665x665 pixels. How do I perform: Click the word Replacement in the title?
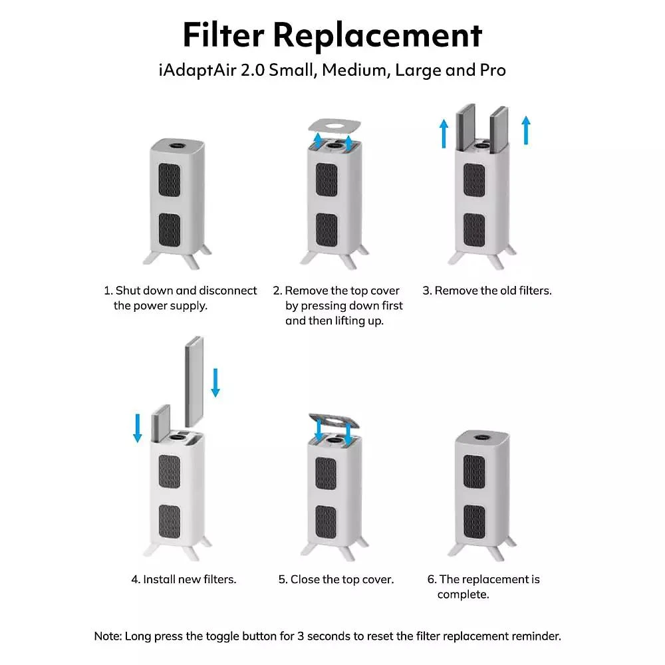(378, 36)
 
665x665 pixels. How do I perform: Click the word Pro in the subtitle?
(493, 70)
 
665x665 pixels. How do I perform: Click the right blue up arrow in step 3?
(526, 130)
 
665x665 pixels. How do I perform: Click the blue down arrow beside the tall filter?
(215, 382)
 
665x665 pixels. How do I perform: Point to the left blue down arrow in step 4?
(137, 428)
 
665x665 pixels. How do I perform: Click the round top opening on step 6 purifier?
(483, 436)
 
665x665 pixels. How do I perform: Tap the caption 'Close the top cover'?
(342, 579)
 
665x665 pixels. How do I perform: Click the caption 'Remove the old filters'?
(493, 291)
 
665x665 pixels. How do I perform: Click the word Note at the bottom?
(108, 636)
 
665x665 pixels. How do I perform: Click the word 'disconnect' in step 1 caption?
(228, 291)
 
